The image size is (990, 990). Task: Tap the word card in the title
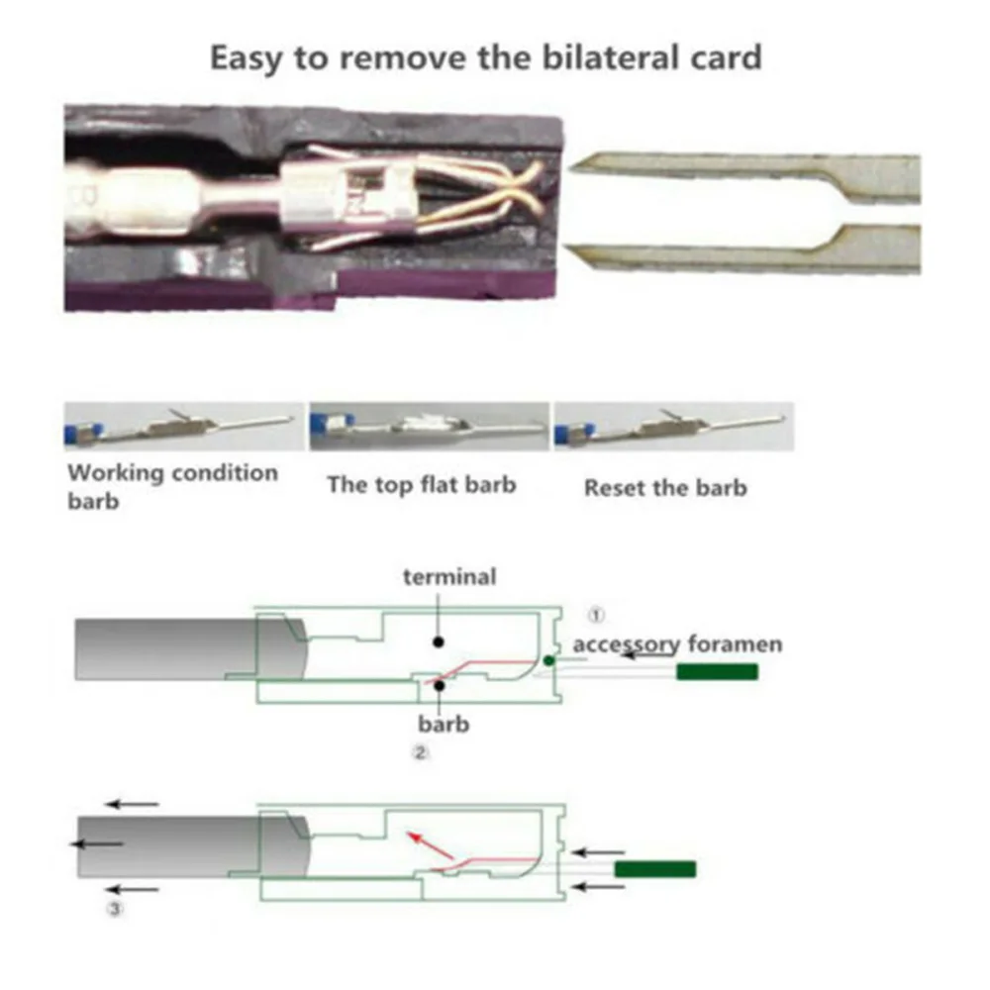pyautogui.click(x=726, y=58)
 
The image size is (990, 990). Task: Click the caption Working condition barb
pyautogui.click(x=172, y=487)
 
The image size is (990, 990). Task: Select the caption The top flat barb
pyautogui.click(x=421, y=485)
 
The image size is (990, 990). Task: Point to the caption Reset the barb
pyautogui.click(x=665, y=488)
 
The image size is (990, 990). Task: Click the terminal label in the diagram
pyautogui.click(x=449, y=576)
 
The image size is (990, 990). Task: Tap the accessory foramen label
pyautogui.click(x=677, y=644)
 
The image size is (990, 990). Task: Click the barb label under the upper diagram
pyautogui.click(x=444, y=724)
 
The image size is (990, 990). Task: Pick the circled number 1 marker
pyautogui.click(x=596, y=615)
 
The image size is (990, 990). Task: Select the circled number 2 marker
pyautogui.click(x=421, y=752)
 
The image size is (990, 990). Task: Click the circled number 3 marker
pyautogui.click(x=115, y=909)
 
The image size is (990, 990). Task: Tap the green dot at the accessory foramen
pyautogui.click(x=548, y=660)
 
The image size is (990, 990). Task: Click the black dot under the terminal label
pyautogui.click(x=439, y=643)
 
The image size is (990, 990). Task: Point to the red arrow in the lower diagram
pyautogui.click(x=431, y=846)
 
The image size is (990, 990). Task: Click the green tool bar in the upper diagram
pyautogui.click(x=717, y=672)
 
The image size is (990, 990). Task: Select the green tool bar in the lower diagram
pyautogui.click(x=655, y=869)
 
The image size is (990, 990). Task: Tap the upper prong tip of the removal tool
pyautogui.click(x=569, y=167)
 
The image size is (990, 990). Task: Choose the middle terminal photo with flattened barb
pyautogui.click(x=430, y=426)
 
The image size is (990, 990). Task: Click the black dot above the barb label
pyautogui.click(x=440, y=685)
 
